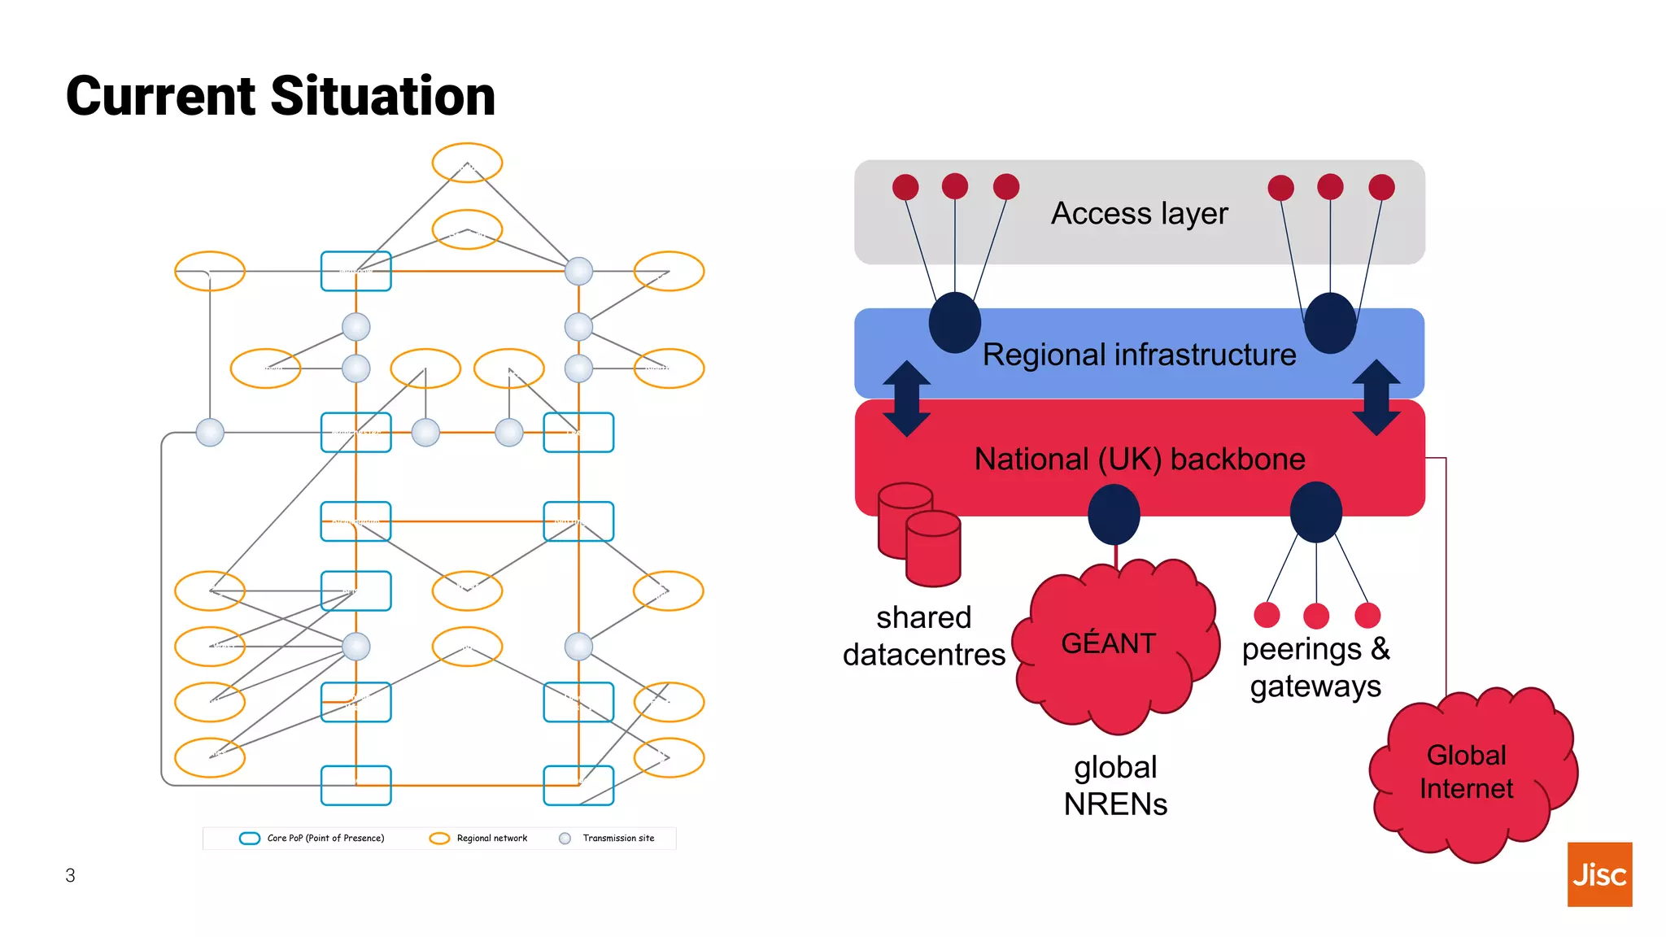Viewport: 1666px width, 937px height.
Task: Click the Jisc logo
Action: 1598,874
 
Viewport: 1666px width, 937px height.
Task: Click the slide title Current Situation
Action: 281,96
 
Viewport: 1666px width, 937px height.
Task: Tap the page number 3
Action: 70,875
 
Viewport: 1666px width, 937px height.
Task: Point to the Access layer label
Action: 1139,213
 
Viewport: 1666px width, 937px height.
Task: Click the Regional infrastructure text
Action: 1139,355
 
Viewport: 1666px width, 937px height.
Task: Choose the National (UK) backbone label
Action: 1139,459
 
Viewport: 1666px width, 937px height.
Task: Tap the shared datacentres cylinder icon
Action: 919,534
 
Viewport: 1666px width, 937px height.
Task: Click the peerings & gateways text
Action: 1315,667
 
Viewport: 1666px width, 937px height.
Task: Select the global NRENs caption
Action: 1115,785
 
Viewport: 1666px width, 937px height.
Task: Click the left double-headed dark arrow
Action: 906,399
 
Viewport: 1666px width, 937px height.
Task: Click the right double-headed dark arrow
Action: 1376,398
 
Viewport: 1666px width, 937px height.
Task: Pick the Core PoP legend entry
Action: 313,838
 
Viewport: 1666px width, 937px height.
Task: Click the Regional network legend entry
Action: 480,838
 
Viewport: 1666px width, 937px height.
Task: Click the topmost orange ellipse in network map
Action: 467,162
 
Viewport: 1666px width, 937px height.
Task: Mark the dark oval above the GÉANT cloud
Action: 1114,514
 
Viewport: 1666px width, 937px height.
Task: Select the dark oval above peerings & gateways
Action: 1315,512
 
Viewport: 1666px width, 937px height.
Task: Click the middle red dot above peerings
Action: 1316,616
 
